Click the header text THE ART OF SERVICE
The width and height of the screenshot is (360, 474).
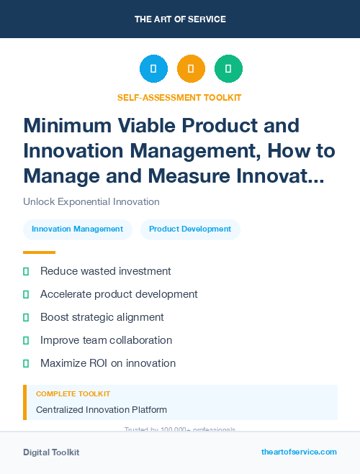coord(180,19)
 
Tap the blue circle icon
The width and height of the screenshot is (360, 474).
coord(153,69)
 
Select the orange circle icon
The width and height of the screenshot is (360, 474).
coord(191,69)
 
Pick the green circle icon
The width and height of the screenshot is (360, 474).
coord(228,69)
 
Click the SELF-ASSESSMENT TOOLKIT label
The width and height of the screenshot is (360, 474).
coord(179,97)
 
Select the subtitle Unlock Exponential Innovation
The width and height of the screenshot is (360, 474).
coord(91,202)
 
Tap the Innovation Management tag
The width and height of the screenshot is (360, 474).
coord(78,229)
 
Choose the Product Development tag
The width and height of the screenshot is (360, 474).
coord(190,229)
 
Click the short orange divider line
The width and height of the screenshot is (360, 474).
coord(39,252)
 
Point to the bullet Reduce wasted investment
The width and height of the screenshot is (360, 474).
coord(105,271)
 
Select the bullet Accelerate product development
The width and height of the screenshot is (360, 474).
coord(119,294)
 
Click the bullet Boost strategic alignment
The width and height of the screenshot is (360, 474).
coord(102,317)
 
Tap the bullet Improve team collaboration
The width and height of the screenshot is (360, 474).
coord(106,340)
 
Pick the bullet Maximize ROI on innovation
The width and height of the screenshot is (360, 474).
coord(108,363)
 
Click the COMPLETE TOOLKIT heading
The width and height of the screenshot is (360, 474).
coord(73,394)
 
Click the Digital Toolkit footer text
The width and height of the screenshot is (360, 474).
coord(51,452)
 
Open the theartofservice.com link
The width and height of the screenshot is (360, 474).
coord(299,452)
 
